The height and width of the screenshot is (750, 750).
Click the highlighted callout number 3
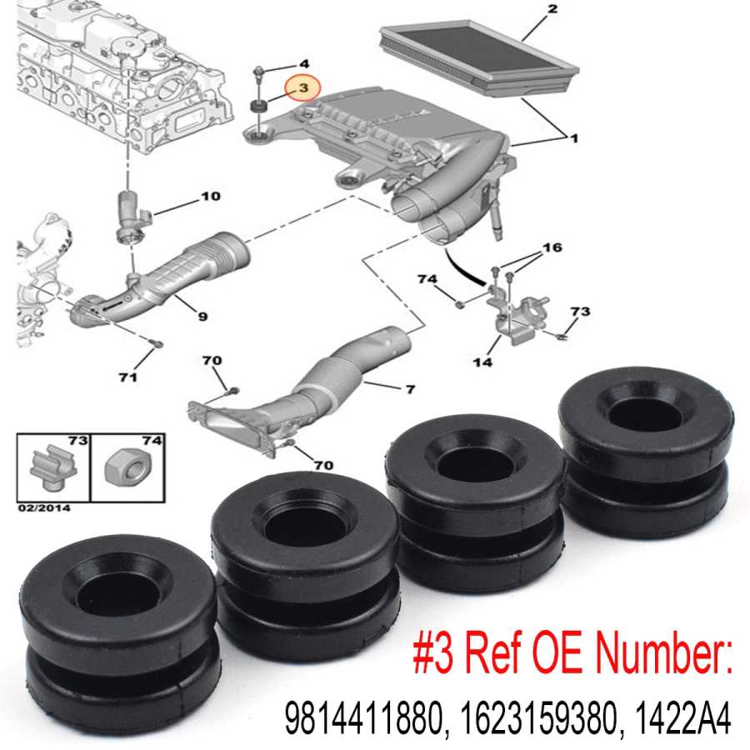click(303, 88)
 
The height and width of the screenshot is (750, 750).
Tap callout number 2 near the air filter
click(553, 8)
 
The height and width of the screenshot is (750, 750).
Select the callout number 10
click(211, 196)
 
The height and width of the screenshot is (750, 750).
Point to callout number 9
click(202, 316)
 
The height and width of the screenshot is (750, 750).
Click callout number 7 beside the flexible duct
click(410, 390)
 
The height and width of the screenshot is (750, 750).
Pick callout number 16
click(552, 247)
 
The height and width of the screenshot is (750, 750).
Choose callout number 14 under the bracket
click(482, 362)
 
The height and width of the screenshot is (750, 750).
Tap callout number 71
click(128, 377)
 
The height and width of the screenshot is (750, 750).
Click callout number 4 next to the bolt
click(303, 63)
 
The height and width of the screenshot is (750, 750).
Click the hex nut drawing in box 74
click(127, 467)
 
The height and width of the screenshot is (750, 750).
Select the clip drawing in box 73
click(53, 467)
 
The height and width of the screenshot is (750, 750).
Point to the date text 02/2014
click(44, 508)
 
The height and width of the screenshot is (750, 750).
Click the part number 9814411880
click(362, 718)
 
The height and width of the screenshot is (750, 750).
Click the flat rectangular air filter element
click(480, 58)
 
